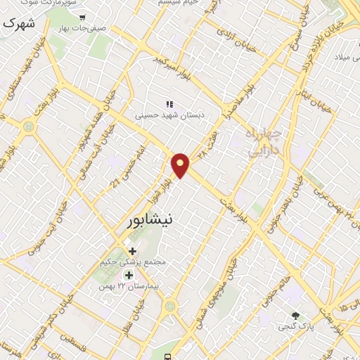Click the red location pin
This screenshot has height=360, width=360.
pos(181,164)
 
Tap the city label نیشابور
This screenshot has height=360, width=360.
pos(150,220)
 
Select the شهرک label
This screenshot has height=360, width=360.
pos(18,23)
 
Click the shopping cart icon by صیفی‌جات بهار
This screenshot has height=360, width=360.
pos(83,18)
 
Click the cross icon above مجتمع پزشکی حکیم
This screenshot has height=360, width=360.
pos(132,250)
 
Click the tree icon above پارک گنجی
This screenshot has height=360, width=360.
pos(296,316)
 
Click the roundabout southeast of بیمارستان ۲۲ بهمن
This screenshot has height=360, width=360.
pos(169,307)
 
